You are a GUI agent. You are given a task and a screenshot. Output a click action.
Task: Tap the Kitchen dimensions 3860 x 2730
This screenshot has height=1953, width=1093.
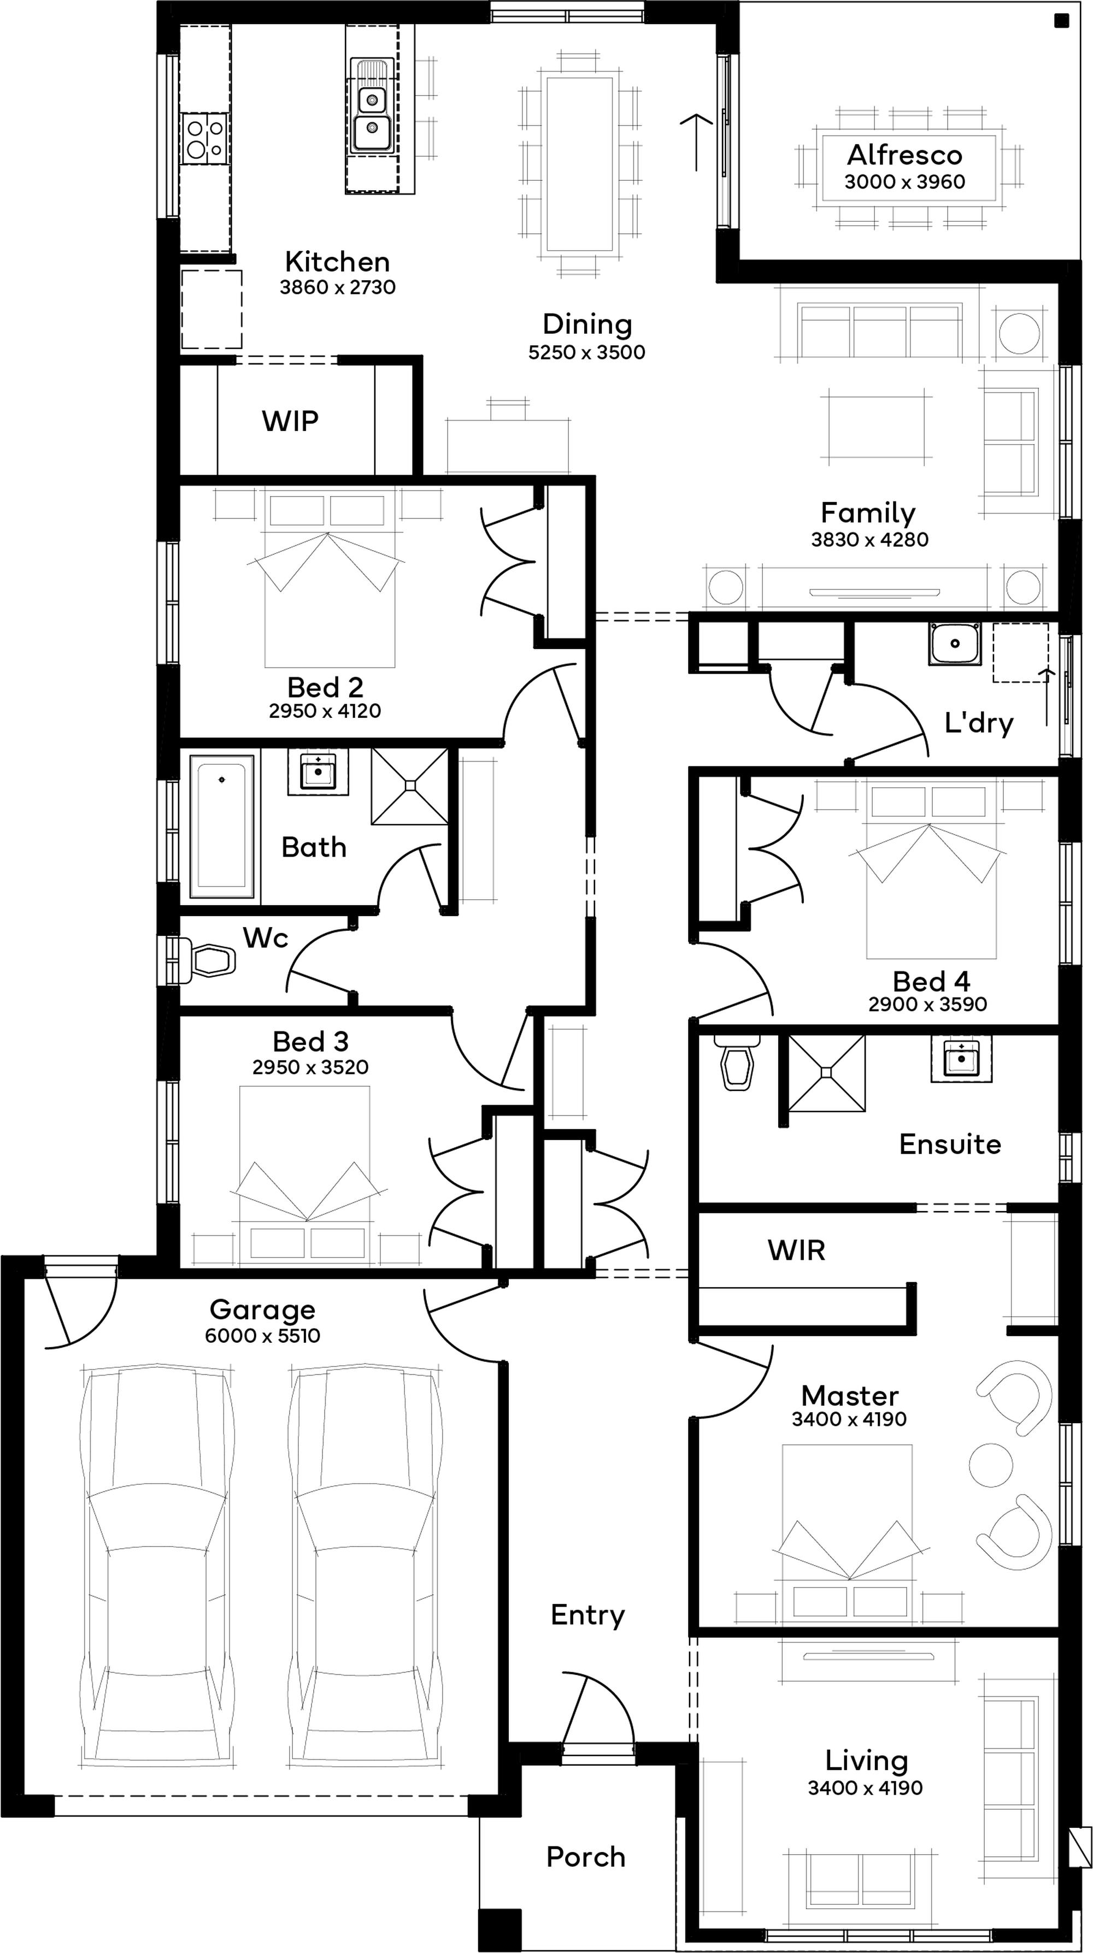[x=338, y=287]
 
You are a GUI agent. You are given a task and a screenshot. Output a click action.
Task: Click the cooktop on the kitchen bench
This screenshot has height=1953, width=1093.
[x=205, y=138]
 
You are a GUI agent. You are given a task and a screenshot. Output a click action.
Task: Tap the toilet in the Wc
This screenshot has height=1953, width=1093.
[x=205, y=960]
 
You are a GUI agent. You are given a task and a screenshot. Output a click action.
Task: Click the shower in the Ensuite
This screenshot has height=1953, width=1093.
[x=827, y=1073]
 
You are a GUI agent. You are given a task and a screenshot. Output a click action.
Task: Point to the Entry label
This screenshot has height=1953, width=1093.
[x=588, y=1615]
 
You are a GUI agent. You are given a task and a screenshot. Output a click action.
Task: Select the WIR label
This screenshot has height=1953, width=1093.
[x=796, y=1250]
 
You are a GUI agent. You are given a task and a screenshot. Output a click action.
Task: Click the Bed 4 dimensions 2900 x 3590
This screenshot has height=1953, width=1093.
[x=927, y=1005]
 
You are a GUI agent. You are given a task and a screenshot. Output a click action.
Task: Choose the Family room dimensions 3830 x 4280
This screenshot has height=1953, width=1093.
[x=869, y=540]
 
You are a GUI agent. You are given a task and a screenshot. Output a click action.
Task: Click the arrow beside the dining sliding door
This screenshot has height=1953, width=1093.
[x=696, y=142]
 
